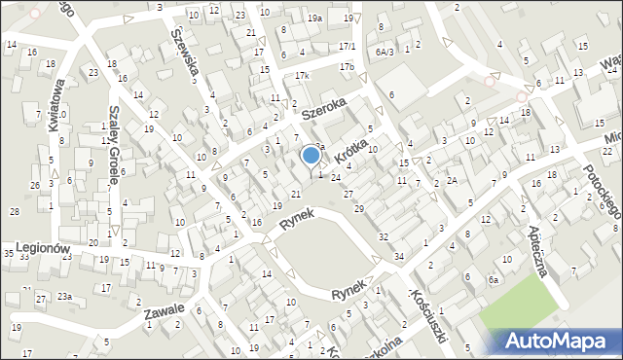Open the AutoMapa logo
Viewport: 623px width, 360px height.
pos(561,340)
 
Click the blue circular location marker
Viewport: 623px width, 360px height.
pos(311,154)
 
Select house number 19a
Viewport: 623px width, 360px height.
pos(314,18)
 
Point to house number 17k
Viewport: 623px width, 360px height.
pos(302,76)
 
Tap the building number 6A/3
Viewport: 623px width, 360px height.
pos(384,52)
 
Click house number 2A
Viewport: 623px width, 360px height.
pos(452,180)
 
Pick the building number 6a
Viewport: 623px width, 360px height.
pos(494,280)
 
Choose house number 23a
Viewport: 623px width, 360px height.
pos(64,297)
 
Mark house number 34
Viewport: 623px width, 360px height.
pos(399,257)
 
